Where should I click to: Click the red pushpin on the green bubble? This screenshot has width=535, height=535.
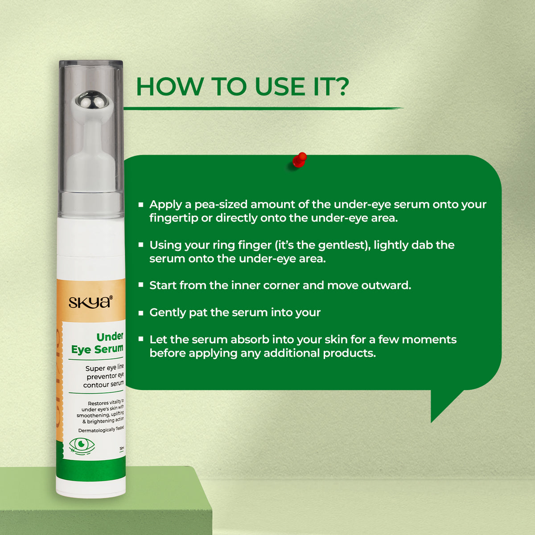click(x=300, y=160)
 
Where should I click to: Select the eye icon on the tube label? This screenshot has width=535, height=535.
click(x=82, y=445)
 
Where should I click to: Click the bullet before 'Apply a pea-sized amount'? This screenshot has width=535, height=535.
click(x=141, y=205)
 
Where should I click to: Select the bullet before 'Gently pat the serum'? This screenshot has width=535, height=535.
click(x=141, y=313)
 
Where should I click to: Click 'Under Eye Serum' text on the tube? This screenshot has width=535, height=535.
click(x=98, y=343)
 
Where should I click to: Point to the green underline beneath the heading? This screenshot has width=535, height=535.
click(x=263, y=108)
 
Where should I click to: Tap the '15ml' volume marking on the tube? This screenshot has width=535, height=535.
click(x=121, y=449)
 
